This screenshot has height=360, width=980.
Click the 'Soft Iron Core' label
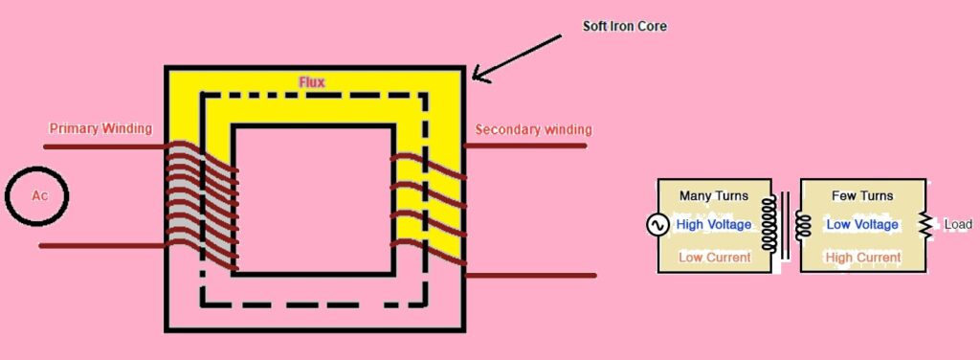(624, 26)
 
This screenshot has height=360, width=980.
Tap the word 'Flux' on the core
(312, 82)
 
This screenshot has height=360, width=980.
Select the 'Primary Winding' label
(100, 128)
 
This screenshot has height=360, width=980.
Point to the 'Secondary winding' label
(533, 129)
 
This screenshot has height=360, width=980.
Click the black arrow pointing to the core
(517, 58)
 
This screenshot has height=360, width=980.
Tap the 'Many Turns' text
(713, 195)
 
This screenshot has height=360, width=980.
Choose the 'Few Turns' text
(863, 195)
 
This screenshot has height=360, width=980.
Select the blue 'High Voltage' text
(713, 225)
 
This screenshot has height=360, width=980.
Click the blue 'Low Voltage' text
(862, 225)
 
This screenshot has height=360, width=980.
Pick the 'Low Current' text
(713, 258)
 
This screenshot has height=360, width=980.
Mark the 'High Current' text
(863, 258)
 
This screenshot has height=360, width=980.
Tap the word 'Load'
(957, 225)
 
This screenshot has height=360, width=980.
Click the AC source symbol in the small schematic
(657, 225)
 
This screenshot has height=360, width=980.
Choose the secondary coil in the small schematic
(803, 225)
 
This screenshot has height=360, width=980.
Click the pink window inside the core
(312, 199)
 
